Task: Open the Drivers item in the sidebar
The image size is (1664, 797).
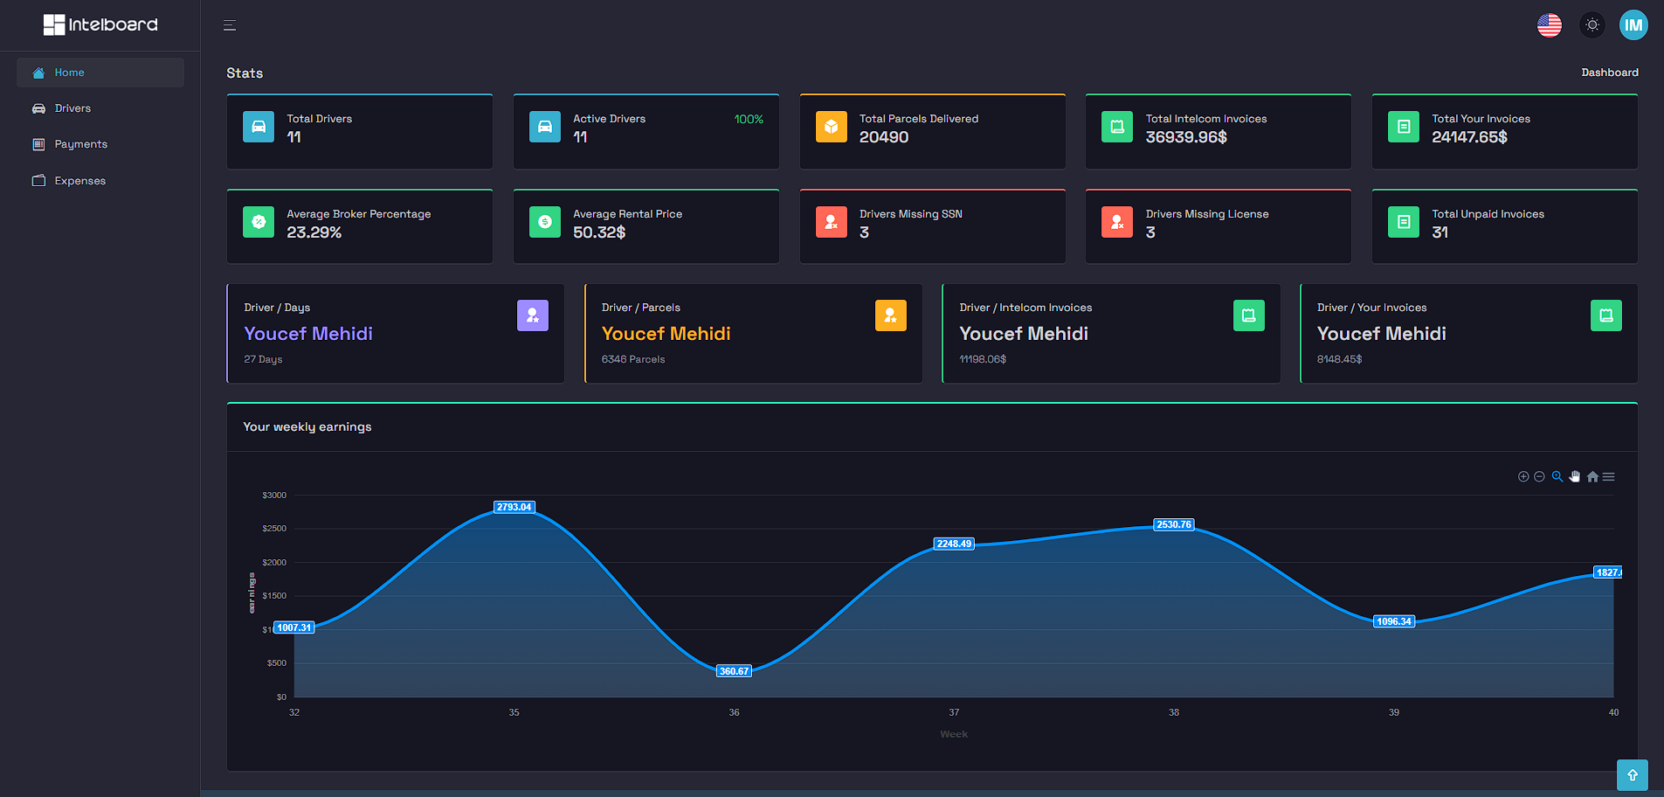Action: (x=72, y=108)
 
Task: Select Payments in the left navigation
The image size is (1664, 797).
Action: (x=79, y=144)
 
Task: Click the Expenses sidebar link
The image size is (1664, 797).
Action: (x=79, y=181)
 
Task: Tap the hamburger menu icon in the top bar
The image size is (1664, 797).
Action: (x=230, y=25)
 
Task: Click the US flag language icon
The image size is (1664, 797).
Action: (x=1549, y=25)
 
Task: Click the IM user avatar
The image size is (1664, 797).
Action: (x=1633, y=25)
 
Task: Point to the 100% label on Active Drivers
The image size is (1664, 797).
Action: (x=748, y=120)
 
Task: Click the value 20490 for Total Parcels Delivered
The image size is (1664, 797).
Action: (x=883, y=137)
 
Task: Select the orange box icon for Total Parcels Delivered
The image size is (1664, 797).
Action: (x=831, y=127)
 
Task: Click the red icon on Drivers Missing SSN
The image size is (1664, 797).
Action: (x=831, y=222)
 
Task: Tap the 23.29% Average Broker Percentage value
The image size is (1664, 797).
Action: (x=314, y=232)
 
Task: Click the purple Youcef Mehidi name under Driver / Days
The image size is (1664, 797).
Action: (x=308, y=334)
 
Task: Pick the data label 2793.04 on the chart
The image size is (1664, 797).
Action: (x=514, y=507)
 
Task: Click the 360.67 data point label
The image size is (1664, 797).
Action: (x=734, y=671)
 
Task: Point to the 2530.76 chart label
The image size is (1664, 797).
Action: (x=1173, y=524)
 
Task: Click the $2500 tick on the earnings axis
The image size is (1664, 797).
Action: (x=274, y=529)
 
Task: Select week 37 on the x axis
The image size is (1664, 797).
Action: (x=954, y=712)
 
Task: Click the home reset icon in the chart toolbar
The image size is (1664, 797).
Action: (x=1592, y=477)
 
